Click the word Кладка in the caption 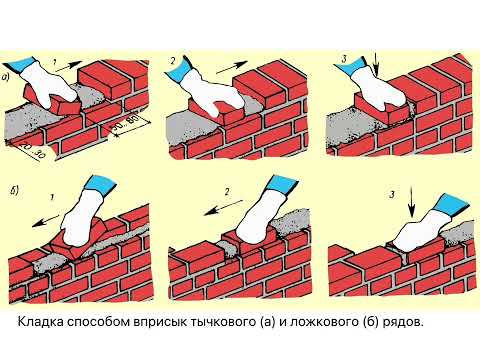pos(42,323)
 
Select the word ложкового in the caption pos(339,323)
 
